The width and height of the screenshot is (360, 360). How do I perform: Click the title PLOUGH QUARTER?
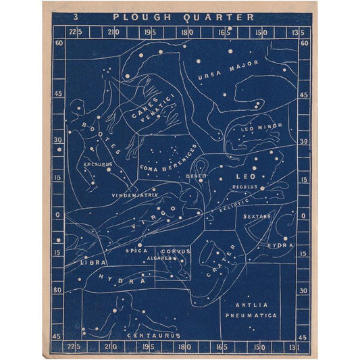[x=183, y=17]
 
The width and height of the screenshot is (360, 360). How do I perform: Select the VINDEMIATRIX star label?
[x=134, y=195]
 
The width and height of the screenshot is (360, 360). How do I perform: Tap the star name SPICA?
[x=136, y=251]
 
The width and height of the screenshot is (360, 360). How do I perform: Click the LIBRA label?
[x=93, y=261]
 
